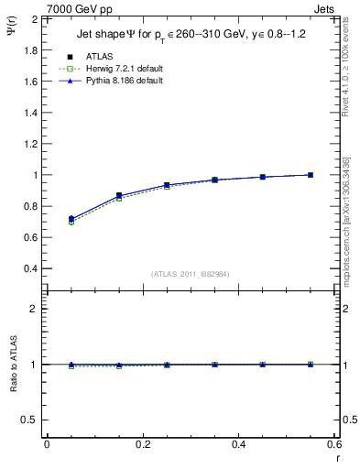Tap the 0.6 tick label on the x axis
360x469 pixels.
point(334,444)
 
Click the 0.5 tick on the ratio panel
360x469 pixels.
point(29,420)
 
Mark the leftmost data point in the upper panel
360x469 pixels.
point(71,219)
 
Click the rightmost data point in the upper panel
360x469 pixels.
point(311,175)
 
